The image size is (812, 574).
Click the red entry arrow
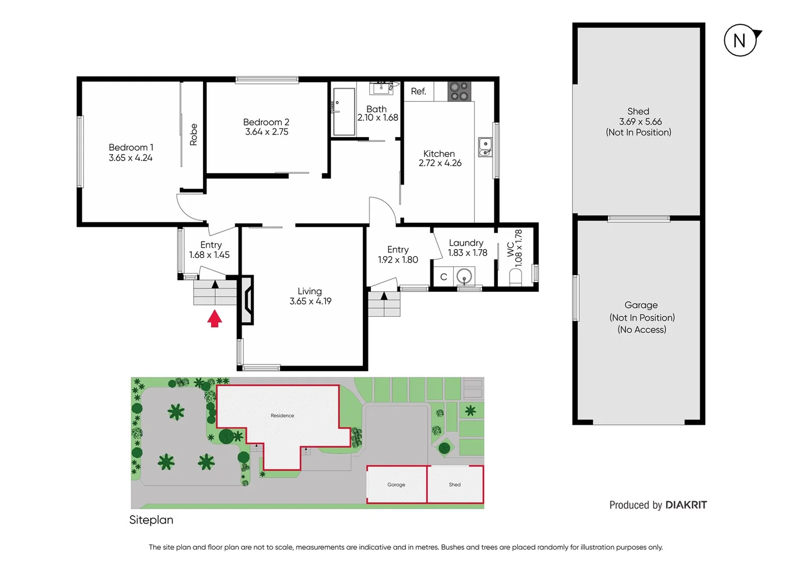pyautogui.click(x=214, y=319)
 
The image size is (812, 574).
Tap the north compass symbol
pyautogui.click(x=740, y=40)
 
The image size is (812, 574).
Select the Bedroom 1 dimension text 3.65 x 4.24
pyautogui.click(x=131, y=158)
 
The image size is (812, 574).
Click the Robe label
pyautogui.click(x=193, y=134)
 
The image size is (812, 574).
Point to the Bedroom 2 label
pyautogui.click(x=266, y=122)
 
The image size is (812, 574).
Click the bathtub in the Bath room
pyautogui.click(x=344, y=112)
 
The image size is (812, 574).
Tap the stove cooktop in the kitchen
pyautogui.click(x=459, y=91)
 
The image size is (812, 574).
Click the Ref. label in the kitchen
pyautogui.click(x=418, y=91)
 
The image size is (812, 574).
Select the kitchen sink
pyautogui.click(x=485, y=147)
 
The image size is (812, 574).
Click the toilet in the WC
pyautogui.click(x=515, y=277)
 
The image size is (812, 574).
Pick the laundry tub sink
pyautogui.click(x=464, y=277)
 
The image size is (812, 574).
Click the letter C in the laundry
pyautogui.click(x=443, y=277)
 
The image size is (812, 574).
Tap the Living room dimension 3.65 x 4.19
pyautogui.click(x=310, y=301)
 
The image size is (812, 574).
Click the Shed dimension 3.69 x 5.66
pyautogui.click(x=640, y=122)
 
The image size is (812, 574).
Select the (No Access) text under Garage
pyautogui.click(x=641, y=330)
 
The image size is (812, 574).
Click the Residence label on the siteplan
pyautogui.click(x=282, y=416)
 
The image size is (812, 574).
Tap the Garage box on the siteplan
pyautogui.click(x=396, y=484)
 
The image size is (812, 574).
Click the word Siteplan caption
pyautogui.click(x=151, y=520)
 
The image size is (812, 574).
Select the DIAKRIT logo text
pyautogui.click(x=686, y=505)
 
